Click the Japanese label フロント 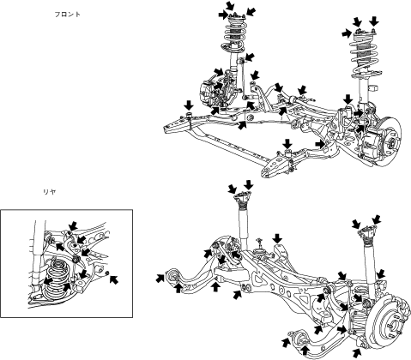click(x=68, y=15)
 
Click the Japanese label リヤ click(x=49, y=192)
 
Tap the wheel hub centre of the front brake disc click(x=391, y=141)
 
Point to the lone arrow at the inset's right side click(x=114, y=279)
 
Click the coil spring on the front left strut click(x=234, y=37)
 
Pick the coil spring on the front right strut click(x=366, y=58)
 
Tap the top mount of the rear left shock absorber click(x=243, y=199)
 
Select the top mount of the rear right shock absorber click(x=367, y=232)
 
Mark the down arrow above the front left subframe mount click(x=189, y=105)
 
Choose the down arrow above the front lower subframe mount click(x=287, y=144)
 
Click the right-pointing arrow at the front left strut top click(x=223, y=15)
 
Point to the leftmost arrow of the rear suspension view click(x=160, y=278)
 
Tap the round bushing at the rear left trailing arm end click(x=172, y=276)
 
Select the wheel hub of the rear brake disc click(x=392, y=325)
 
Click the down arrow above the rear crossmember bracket click(x=277, y=238)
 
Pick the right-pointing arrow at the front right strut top click(x=347, y=33)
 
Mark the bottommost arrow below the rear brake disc click(x=357, y=353)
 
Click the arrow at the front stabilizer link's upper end click(x=249, y=57)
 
